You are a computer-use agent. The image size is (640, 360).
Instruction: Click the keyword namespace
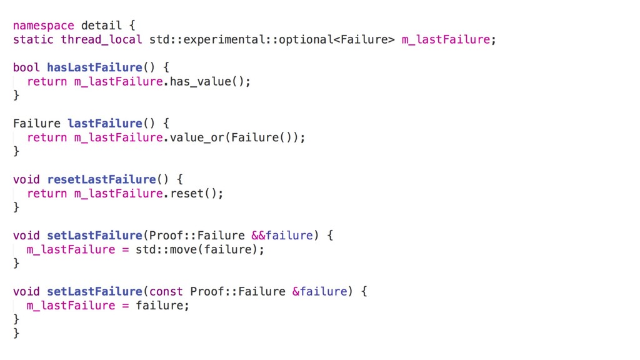point(43,26)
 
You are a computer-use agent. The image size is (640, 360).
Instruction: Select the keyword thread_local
point(101,39)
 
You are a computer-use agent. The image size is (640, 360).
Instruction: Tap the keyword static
point(33,39)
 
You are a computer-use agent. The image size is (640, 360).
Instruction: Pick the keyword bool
point(26,67)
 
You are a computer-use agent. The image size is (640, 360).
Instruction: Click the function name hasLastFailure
point(94,67)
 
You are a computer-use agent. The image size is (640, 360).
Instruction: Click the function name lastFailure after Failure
point(104,123)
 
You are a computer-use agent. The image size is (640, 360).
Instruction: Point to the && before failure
point(258,236)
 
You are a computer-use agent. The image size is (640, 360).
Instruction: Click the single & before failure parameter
point(296,291)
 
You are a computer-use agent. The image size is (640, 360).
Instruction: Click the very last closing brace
point(16,333)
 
